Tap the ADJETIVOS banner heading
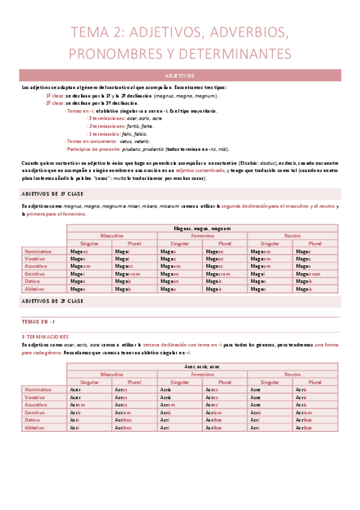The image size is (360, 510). click(180, 76)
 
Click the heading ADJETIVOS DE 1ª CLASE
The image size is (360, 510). click(52, 194)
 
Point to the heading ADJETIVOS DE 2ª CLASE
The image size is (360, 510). click(52, 300)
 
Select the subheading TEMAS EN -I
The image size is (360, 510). click(37, 322)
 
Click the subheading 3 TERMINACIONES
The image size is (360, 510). click(45, 336)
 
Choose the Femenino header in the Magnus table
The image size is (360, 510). click(202, 236)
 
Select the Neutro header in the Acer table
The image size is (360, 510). click(293, 374)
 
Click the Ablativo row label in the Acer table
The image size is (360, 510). click(38, 427)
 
